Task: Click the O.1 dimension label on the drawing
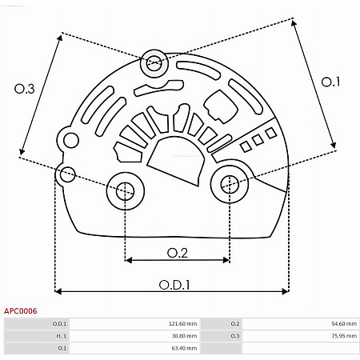click(330, 82)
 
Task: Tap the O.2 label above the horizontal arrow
click(177, 253)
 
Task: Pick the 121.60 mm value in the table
click(182, 324)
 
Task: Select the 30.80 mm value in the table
click(183, 336)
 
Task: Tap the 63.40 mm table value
click(183, 349)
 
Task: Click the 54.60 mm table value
click(342, 324)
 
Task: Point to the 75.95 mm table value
click(342, 336)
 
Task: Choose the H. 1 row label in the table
click(60, 336)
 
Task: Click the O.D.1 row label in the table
click(60, 324)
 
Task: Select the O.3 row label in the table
click(234, 336)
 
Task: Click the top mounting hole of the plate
click(154, 62)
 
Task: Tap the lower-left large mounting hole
click(124, 190)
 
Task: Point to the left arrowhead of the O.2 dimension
click(128, 260)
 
